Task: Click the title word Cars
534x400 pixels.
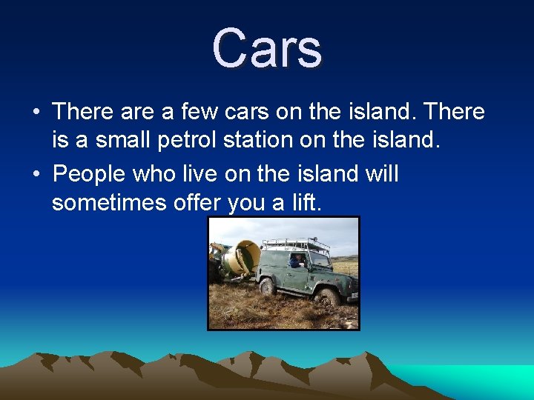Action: pos(267,49)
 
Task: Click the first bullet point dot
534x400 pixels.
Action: pos(36,113)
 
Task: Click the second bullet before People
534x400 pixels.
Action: pos(36,176)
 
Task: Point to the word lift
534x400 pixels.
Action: pos(303,202)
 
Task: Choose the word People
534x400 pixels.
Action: pos(89,175)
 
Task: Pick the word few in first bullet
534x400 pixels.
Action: pos(200,113)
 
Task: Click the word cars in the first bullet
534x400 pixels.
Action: pos(245,113)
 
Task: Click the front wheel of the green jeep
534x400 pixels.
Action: pos(327,296)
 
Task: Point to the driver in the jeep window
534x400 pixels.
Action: pos(297,261)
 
